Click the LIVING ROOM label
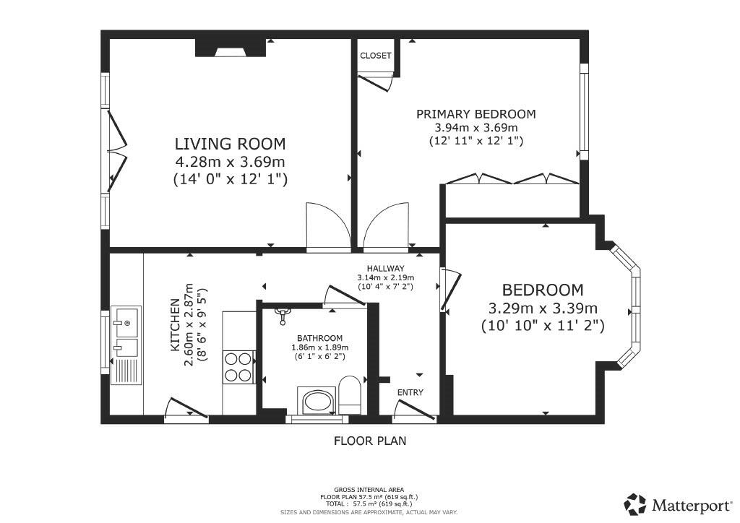[231, 143]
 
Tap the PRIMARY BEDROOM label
[476, 114]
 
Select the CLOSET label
[376, 56]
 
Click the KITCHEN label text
[175, 324]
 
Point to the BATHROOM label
[319, 338]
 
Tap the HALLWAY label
[386, 268]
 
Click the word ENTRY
[410, 392]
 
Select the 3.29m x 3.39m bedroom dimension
[543, 309]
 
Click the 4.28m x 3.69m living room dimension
[231, 162]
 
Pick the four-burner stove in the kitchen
[238, 368]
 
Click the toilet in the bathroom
[350, 395]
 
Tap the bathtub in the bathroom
[317, 402]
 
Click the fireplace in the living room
[231, 48]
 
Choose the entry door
[414, 410]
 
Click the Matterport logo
[678, 505]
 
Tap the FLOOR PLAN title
[370, 441]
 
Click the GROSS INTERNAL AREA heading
[369, 490]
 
